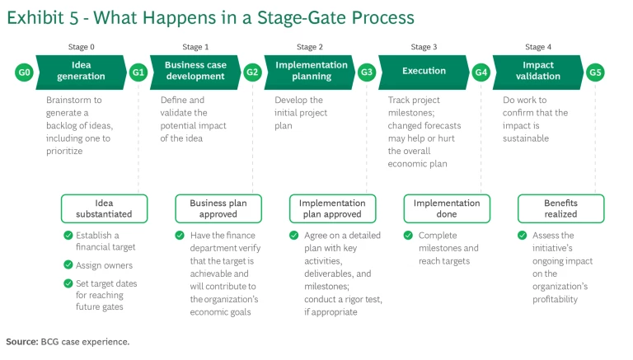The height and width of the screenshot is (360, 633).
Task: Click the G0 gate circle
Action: [x=25, y=72]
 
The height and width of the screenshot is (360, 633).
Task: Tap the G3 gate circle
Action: [x=368, y=72]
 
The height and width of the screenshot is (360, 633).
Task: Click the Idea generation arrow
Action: [x=81, y=71]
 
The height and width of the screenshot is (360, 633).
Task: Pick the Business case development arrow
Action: [x=195, y=71]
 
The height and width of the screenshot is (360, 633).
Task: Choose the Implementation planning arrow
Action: [x=311, y=71]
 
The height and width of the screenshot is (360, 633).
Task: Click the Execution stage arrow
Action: [x=424, y=72]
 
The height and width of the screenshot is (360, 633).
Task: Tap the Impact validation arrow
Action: [x=537, y=71]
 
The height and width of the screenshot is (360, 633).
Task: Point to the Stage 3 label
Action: [x=424, y=48]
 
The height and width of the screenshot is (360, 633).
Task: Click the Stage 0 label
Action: [x=81, y=48]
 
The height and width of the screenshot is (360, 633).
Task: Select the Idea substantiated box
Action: [x=104, y=208]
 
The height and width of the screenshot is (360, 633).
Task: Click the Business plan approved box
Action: [x=218, y=208]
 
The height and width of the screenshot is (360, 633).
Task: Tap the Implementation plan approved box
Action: [x=332, y=208]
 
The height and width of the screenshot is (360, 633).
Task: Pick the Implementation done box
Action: [x=447, y=208]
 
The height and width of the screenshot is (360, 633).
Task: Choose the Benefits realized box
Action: [x=560, y=208]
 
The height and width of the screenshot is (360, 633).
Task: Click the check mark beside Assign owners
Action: [x=68, y=265]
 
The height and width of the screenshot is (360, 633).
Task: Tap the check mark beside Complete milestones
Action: [x=410, y=236]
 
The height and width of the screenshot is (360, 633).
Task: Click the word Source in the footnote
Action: [x=21, y=341]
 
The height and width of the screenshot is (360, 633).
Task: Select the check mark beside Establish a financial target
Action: [x=68, y=236]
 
